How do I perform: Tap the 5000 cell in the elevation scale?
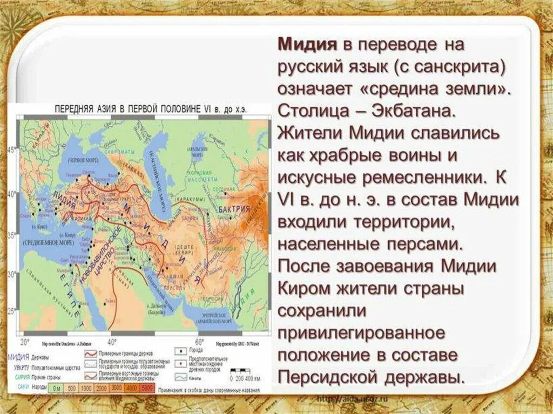[146, 388]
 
